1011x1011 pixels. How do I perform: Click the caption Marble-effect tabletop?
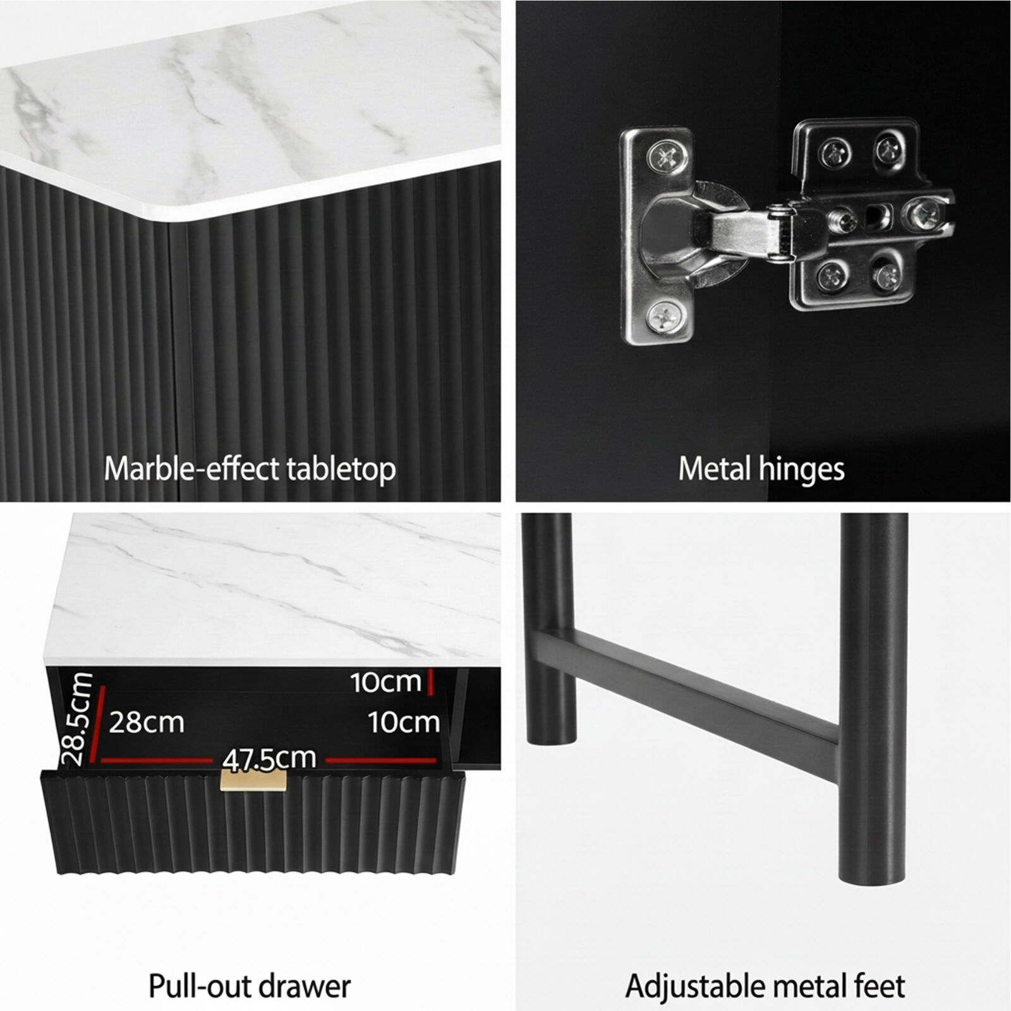[250, 469]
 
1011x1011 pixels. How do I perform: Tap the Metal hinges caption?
[761, 469]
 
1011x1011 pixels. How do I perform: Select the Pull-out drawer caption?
[250, 986]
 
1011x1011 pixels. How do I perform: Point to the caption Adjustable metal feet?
[765, 986]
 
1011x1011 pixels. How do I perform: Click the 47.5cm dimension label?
[269, 759]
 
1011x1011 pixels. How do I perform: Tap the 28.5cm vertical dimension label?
[78, 718]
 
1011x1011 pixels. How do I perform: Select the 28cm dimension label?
[147, 722]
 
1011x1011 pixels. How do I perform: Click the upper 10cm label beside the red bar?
[385, 682]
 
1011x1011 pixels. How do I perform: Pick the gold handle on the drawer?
[253, 780]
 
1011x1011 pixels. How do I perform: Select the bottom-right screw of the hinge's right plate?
[888, 274]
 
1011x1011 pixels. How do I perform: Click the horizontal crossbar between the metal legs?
[689, 688]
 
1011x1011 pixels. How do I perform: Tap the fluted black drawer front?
[253, 821]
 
